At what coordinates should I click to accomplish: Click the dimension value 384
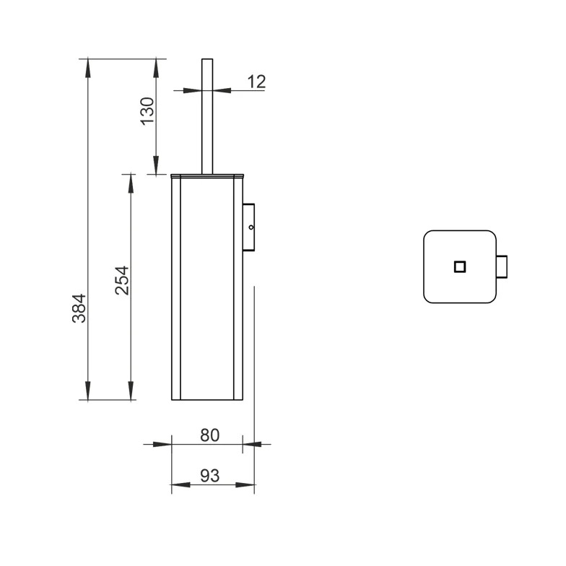(79, 308)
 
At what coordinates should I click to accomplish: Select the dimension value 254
(122, 280)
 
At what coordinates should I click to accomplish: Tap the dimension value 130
(147, 111)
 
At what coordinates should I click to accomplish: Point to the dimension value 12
(257, 82)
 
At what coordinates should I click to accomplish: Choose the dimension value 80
(209, 435)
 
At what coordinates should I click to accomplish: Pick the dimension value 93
(209, 475)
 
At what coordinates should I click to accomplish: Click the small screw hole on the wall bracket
(251, 227)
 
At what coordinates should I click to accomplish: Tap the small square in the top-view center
(459, 267)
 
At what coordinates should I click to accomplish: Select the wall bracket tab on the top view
(502, 267)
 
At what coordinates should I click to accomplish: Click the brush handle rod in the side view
(207, 116)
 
